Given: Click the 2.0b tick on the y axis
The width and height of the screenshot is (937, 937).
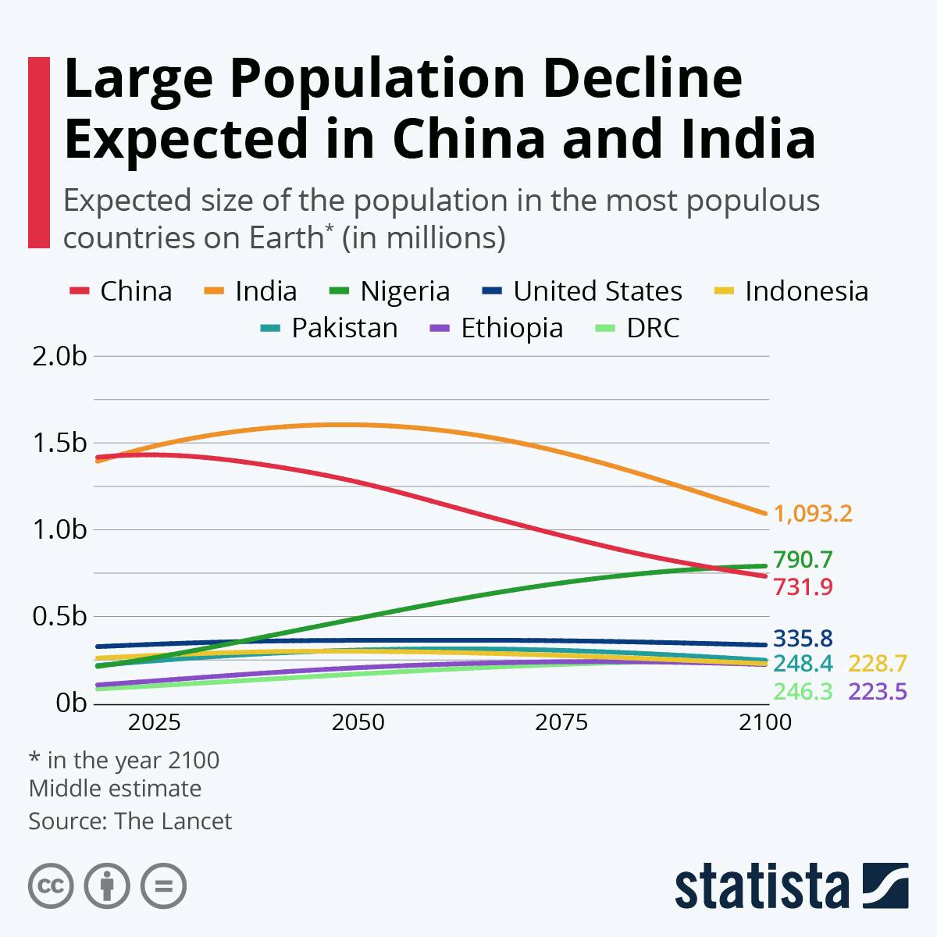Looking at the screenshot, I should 59,357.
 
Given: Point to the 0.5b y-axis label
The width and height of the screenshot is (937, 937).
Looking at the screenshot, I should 59,616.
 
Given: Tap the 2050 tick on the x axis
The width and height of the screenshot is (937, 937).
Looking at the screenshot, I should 358,722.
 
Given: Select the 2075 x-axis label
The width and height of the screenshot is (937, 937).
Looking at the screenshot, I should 561,722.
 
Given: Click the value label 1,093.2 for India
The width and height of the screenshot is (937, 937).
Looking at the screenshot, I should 813,514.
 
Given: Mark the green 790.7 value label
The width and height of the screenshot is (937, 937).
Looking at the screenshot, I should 803,560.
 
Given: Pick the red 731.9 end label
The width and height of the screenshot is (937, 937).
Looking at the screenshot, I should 803,586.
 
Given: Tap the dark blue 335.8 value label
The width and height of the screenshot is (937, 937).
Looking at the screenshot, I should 803,639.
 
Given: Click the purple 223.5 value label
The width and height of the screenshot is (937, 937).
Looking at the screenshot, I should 878,692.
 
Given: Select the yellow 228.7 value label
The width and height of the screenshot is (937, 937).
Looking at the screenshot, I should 878,664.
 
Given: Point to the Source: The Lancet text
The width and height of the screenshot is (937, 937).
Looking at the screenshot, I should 130,821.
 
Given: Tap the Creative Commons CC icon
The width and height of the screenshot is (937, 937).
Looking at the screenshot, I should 51,886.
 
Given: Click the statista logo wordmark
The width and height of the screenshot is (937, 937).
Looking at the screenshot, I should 761,886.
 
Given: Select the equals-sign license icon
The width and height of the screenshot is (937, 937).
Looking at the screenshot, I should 163,886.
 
